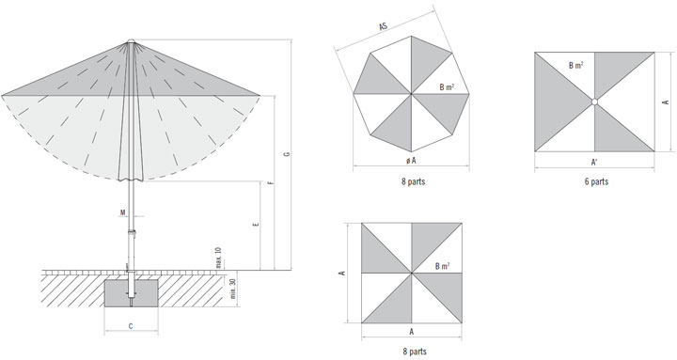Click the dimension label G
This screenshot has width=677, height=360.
(x=288, y=153)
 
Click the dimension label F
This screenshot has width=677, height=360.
(x=271, y=183)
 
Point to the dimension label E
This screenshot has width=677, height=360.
(x=257, y=225)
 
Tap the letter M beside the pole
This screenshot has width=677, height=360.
(x=122, y=212)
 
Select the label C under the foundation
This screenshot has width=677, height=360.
(x=131, y=326)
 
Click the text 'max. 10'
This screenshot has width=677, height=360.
(x=218, y=258)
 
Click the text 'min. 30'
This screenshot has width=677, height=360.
(x=233, y=289)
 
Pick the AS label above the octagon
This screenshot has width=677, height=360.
(x=383, y=26)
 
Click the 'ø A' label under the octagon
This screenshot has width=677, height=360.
(x=411, y=161)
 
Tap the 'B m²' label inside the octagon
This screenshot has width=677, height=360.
(x=447, y=87)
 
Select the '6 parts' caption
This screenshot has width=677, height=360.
(x=596, y=181)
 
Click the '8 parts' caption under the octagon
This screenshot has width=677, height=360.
(x=413, y=181)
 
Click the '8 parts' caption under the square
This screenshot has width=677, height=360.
(x=415, y=352)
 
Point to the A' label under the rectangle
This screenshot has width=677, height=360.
(x=594, y=163)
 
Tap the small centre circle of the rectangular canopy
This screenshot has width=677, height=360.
(x=594, y=102)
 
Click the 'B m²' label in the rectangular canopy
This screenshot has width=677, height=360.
(x=576, y=66)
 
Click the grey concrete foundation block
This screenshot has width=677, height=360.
(x=132, y=293)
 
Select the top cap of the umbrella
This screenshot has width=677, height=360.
(x=131, y=41)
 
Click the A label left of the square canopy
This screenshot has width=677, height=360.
(x=343, y=273)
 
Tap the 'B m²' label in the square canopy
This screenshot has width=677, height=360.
(x=442, y=266)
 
